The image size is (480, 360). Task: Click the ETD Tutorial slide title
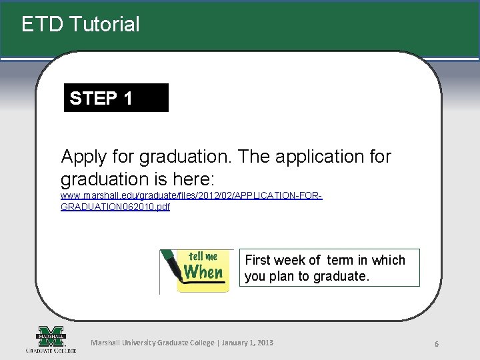click(80, 25)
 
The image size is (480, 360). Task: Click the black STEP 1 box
click(116, 98)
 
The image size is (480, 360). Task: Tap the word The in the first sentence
click(255, 157)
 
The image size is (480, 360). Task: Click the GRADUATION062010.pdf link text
click(115, 207)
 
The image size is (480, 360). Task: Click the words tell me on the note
click(203, 256)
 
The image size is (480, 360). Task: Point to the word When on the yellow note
click(203, 273)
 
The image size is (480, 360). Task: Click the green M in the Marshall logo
click(51, 335)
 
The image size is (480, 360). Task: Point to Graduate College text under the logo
click(51, 349)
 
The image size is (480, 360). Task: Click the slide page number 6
click(436, 344)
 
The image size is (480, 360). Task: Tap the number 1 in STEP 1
click(127, 98)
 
